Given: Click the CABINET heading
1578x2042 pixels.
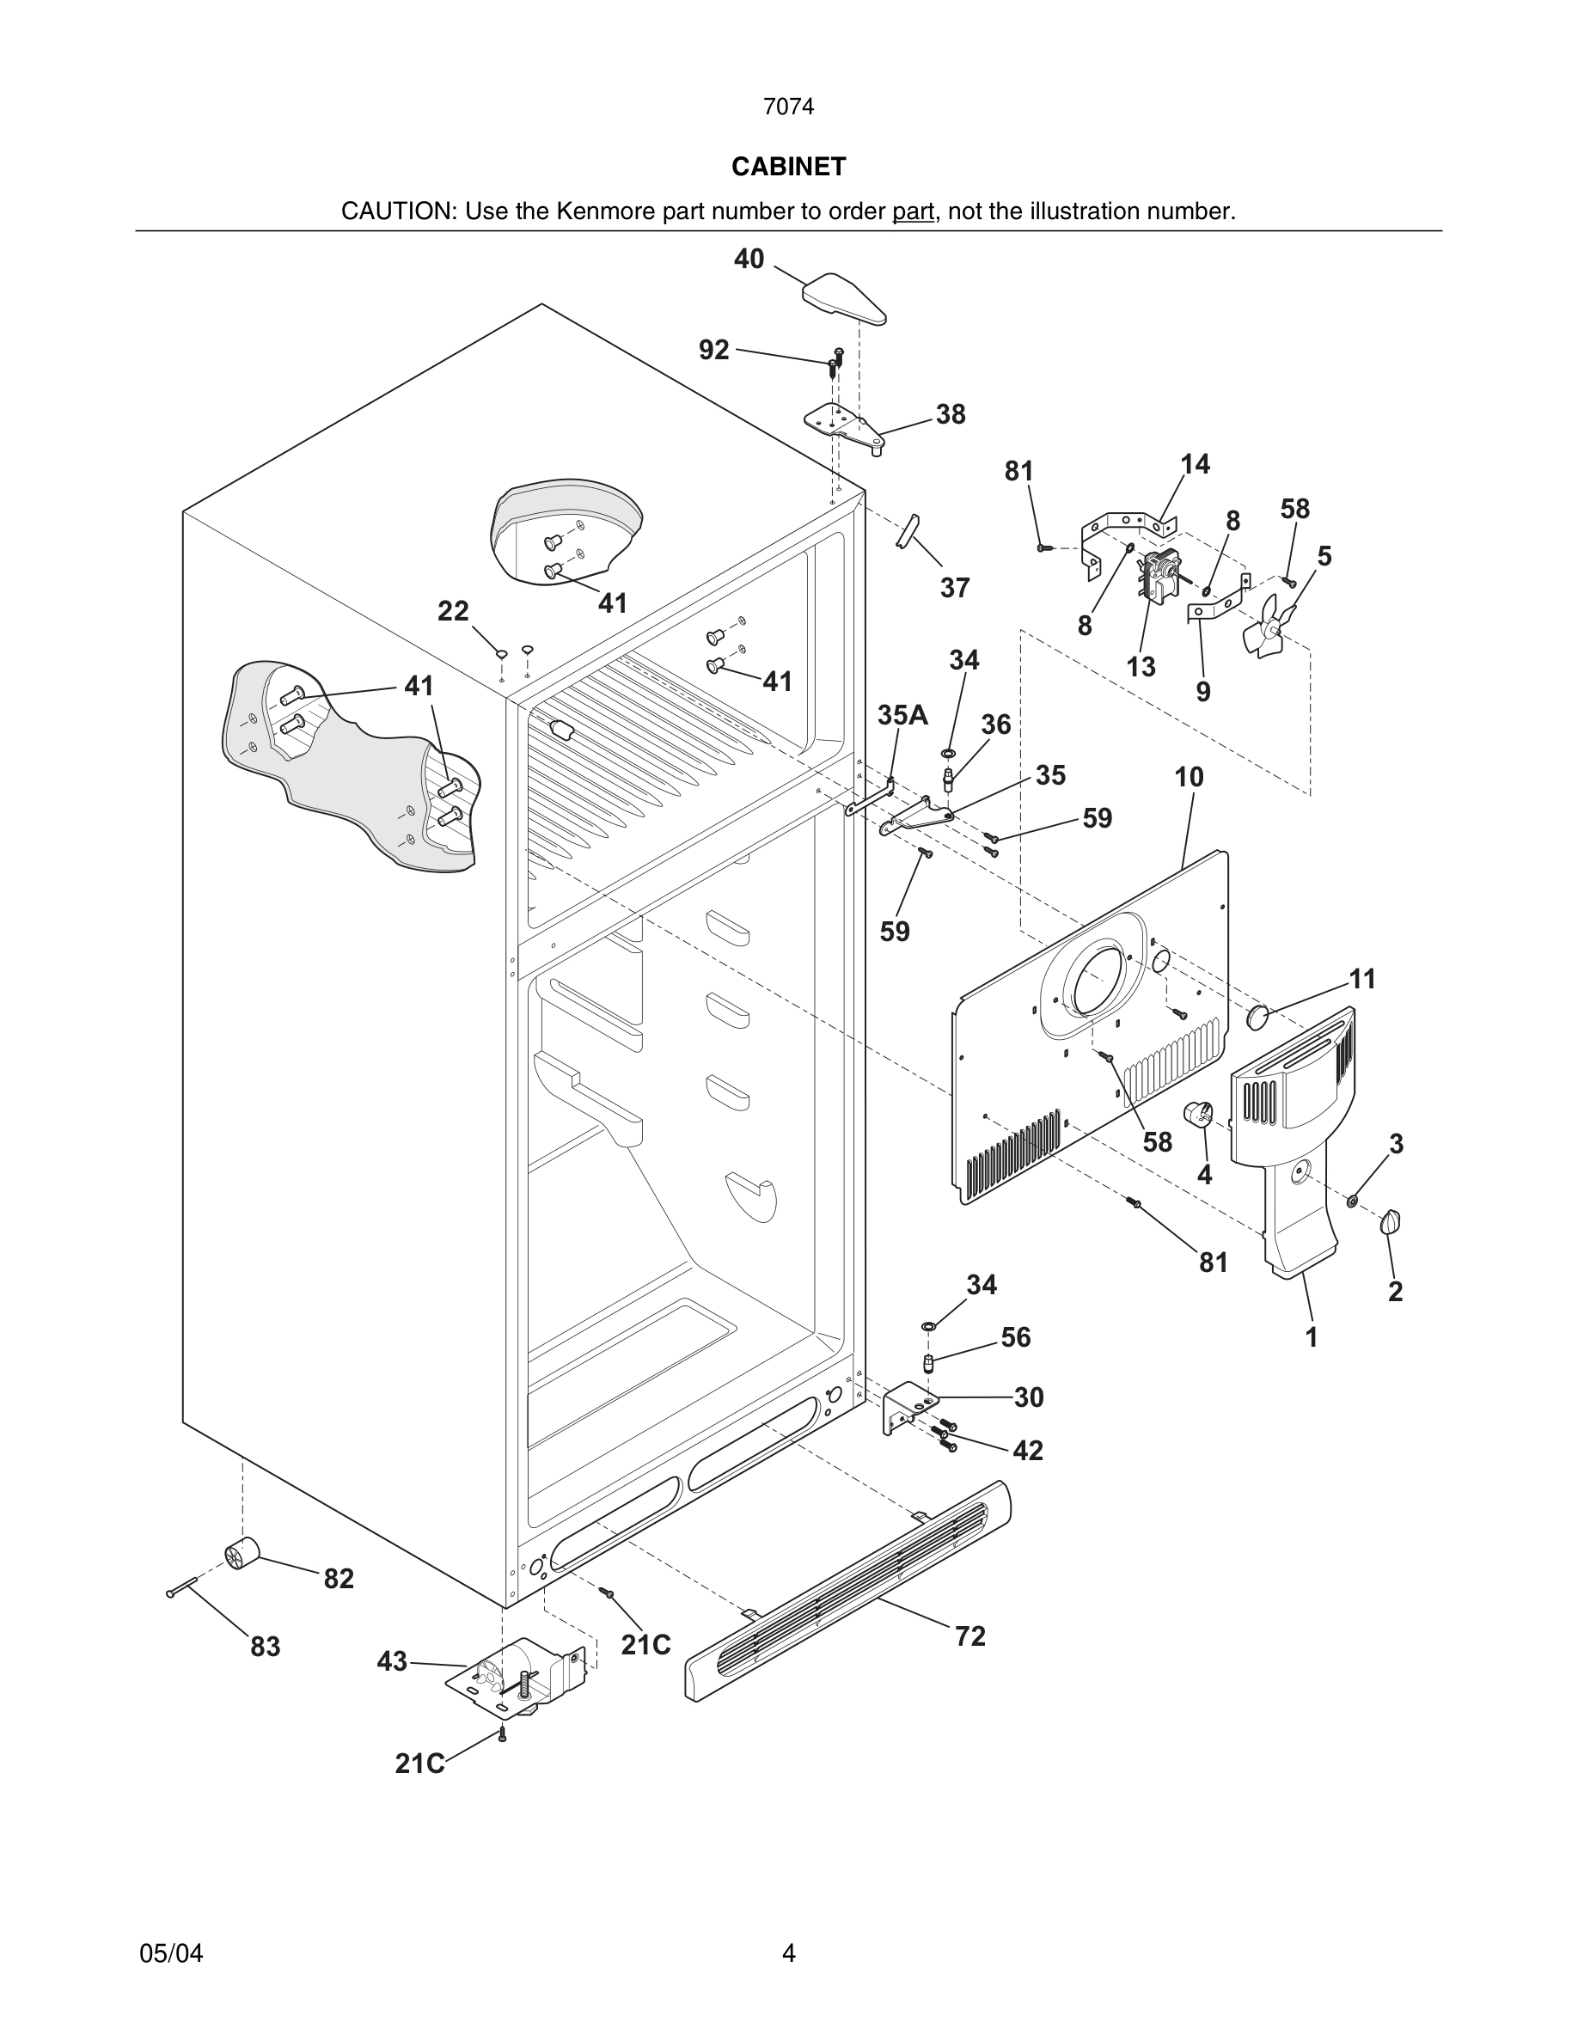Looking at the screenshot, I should tap(788, 167).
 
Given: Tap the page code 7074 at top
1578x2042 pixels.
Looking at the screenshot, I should tap(788, 107).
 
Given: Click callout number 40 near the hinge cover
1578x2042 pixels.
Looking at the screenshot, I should tap(749, 259).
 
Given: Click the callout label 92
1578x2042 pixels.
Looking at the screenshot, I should tap(714, 350).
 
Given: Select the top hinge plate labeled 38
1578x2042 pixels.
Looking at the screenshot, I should tap(844, 426).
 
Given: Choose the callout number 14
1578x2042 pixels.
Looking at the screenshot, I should tap(1195, 464).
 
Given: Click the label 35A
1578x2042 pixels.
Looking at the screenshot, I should tap(902, 715).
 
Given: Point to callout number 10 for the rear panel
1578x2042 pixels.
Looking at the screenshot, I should tap(1190, 777).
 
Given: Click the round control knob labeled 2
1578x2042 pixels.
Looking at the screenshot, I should tap(1391, 1221).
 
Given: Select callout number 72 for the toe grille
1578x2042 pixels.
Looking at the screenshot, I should tap(970, 1636).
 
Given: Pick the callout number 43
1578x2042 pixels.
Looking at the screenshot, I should tap(393, 1661).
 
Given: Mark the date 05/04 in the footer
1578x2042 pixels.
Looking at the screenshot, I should tap(171, 1954).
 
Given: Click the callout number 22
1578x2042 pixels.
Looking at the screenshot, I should tap(454, 611).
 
